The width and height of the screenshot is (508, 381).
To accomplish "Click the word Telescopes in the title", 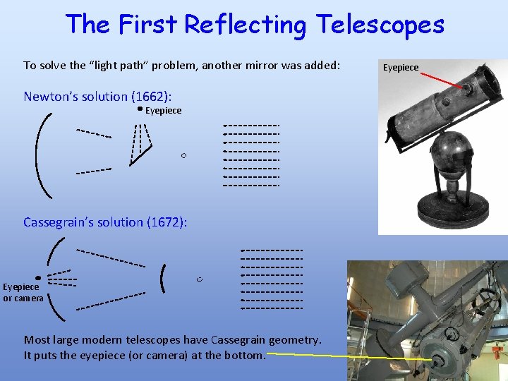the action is pos(380,25).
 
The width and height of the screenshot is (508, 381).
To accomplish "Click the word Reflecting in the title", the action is pos(245,25).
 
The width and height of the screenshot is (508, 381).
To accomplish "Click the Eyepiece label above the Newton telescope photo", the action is pos(400,68).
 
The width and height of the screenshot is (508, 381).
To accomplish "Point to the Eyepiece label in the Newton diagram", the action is pos(164,111).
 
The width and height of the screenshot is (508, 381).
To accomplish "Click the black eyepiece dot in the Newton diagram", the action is pos(140,109).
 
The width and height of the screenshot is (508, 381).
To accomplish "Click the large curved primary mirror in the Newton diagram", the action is pos(40,155).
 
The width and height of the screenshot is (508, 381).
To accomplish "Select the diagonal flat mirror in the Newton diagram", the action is pos(140,157).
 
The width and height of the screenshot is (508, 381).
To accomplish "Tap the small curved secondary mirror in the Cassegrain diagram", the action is pos(164,279).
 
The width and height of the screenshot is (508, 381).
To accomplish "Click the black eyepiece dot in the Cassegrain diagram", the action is pos(38,279).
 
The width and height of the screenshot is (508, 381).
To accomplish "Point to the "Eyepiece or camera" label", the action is pos(23,293).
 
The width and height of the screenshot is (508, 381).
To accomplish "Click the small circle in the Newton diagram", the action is pos(183,155).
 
